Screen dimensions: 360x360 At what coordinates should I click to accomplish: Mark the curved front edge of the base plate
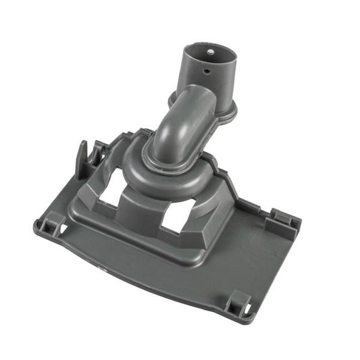[135, 277]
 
